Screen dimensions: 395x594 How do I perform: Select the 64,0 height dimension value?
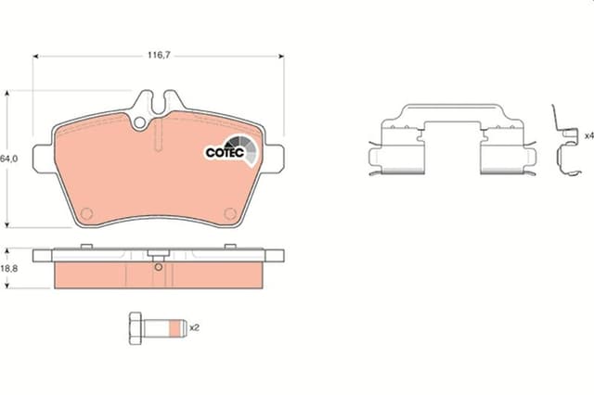point(9,159)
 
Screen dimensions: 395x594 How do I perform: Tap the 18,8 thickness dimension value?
point(9,268)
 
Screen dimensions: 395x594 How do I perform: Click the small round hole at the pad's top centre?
point(142,121)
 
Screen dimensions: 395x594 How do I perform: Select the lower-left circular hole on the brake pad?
point(87,214)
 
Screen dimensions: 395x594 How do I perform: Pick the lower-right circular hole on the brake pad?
point(229,214)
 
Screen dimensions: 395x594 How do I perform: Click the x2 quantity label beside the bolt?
point(195,327)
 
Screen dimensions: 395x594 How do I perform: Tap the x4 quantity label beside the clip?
point(588,135)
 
